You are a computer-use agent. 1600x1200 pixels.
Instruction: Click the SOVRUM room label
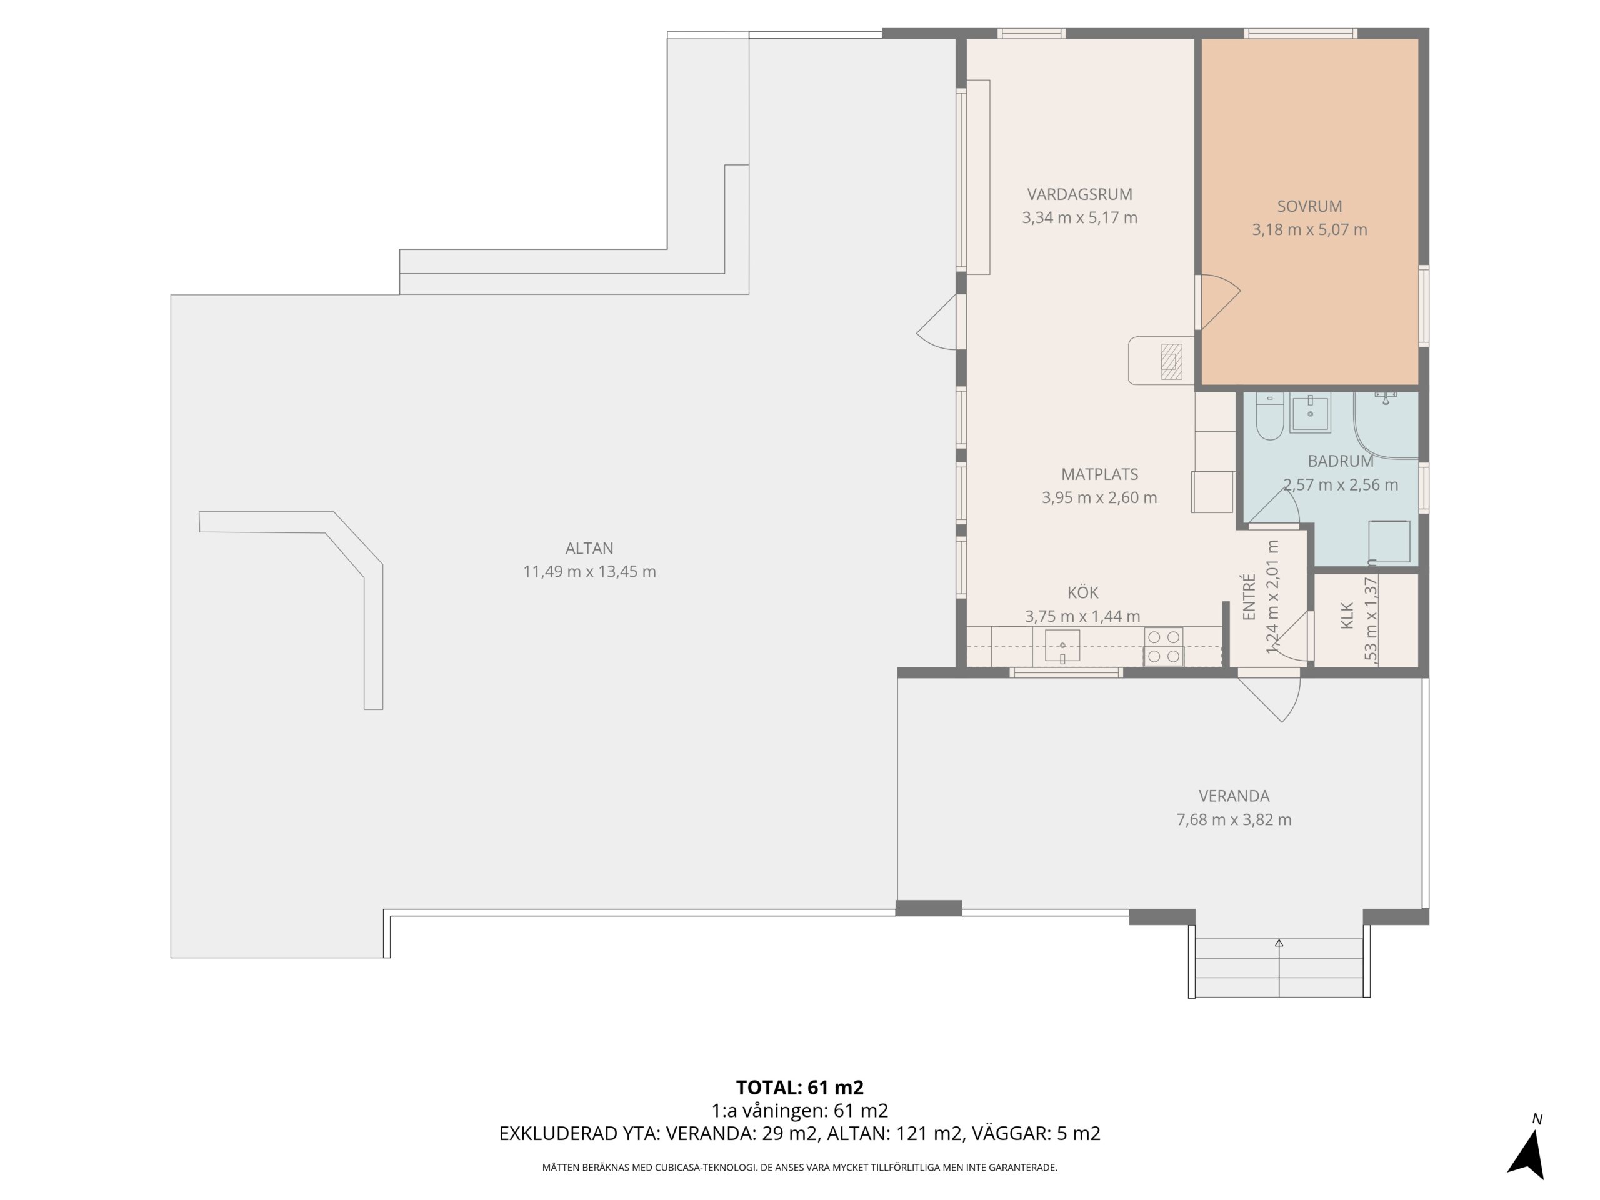[1309, 206]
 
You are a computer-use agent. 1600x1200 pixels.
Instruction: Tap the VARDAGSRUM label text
[1080, 194]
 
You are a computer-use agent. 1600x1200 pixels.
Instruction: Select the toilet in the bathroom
[1269, 417]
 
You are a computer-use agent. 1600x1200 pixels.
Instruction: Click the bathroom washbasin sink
[1310, 414]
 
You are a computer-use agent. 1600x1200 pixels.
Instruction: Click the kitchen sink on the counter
[1062, 646]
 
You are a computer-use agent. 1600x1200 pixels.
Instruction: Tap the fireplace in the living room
[1171, 362]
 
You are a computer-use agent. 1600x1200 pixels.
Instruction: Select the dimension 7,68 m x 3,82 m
[1234, 819]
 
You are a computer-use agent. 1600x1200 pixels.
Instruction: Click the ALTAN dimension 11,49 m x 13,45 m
[589, 571]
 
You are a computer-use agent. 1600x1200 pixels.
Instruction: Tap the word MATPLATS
[1099, 474]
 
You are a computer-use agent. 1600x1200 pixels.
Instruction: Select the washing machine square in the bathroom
[1389, 541]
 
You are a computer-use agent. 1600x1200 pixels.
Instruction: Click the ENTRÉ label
[1249, 597]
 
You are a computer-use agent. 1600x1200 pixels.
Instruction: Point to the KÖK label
[1083, 593]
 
